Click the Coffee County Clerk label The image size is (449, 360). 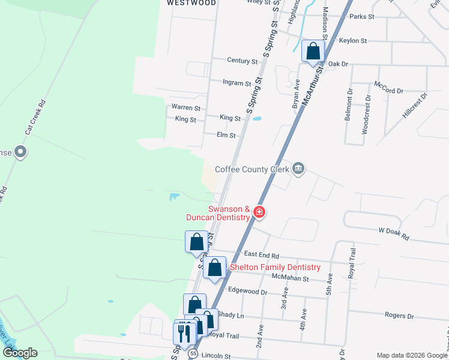tap(252, 169)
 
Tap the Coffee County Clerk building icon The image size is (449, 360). tap(299, 169)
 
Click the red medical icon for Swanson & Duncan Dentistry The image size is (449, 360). tap(259, 212)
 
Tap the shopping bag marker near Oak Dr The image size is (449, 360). tap(313, 52)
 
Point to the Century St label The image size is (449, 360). tap(242, 61)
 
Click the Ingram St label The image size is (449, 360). tap(237, 83)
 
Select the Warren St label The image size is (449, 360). tap(185, 107)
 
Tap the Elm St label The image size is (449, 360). tap(226, 136)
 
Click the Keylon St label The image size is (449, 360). tap(352, 41)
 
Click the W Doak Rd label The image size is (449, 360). tap(393, 233)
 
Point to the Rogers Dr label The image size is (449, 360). tap(399, 315)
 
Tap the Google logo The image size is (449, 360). tap(20, 353)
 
